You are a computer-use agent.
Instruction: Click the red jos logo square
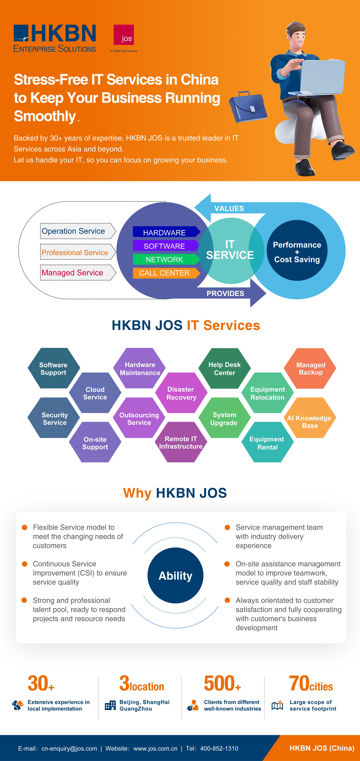tap(124, 35)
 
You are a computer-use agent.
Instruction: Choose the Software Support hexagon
tap(53, 368)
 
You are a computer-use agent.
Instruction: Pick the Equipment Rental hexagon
tap(267, 443)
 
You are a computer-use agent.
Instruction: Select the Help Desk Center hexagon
tap(224, 368)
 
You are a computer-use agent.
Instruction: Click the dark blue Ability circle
tap(175, 575)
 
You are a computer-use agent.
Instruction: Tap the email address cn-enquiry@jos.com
tap(69, 748)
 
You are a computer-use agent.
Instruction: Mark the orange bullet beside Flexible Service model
tap(25, 527)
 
